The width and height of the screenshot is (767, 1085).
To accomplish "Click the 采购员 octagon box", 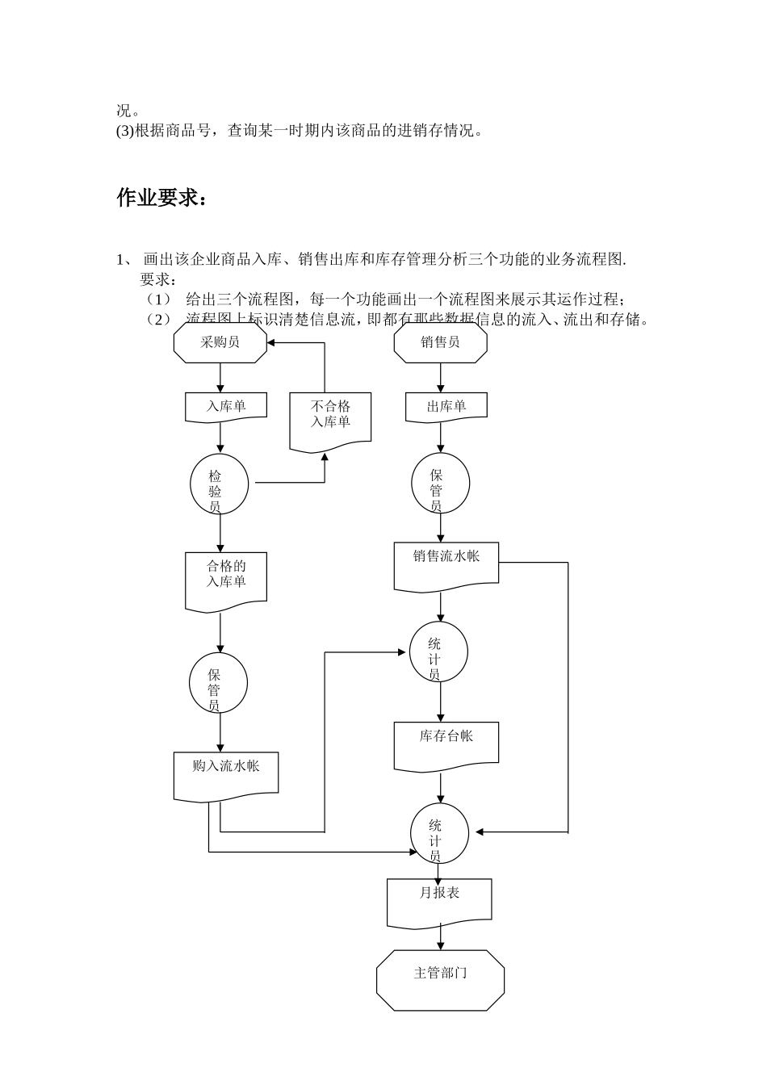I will click(220, 343).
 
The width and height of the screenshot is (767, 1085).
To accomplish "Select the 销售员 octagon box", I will click(440, 343).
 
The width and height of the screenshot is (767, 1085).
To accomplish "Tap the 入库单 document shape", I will click(226, 406).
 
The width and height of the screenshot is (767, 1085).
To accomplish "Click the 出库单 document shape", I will click(446, 406).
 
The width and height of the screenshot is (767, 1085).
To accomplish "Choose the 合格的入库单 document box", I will click(226, 579).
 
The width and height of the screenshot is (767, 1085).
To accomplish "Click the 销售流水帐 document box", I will click(446, 565).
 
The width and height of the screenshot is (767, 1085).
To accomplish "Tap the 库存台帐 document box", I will click(446, 743).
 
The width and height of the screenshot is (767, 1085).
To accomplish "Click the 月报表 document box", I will click(439, 900).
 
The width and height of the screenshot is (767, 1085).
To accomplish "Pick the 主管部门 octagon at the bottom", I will click(440, 979).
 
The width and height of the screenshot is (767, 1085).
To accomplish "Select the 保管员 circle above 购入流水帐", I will click(218, 683).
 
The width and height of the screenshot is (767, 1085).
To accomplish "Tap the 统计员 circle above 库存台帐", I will click(438, 651).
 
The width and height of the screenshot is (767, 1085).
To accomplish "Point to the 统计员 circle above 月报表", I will click(438, 833).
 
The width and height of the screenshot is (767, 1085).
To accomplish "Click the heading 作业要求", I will click(161, 198).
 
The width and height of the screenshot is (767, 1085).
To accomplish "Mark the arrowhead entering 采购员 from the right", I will click(272, 343).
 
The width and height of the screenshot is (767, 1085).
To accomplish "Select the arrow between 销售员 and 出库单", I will click(441, 378).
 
